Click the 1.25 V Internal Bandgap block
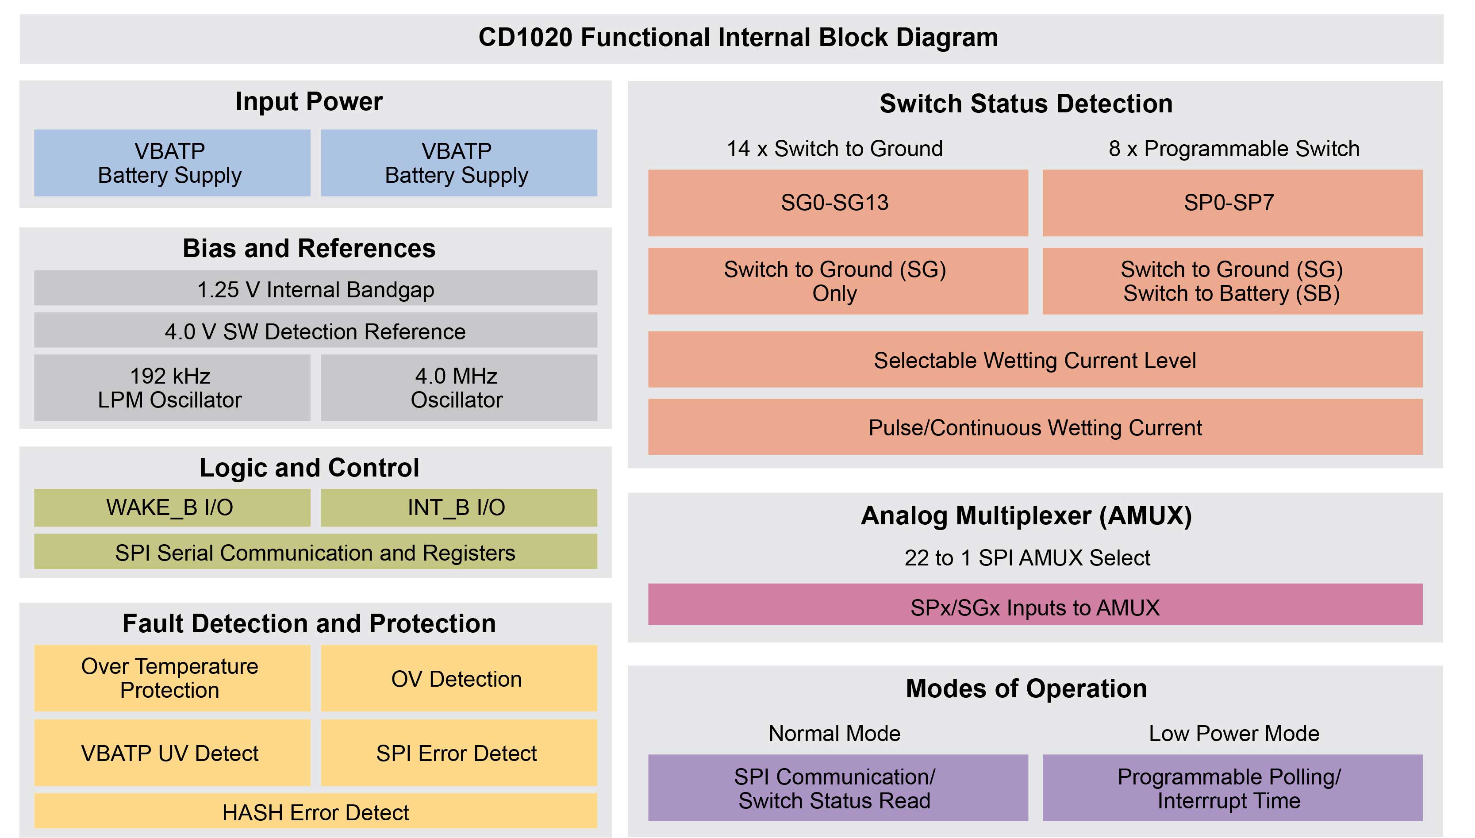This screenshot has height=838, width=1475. (315, 288)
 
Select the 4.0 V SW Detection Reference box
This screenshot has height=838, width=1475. (315, 331)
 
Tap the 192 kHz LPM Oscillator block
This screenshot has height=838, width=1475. (172, 387)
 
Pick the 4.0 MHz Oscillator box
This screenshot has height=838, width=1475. (459, 387)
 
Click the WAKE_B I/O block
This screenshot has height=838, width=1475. (172, 507)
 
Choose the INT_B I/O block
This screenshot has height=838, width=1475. (459, 507)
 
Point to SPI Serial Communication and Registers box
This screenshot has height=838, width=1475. (315, 552)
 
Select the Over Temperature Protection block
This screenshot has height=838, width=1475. (172, 678)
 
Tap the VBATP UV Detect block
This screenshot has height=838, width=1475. (172, 753)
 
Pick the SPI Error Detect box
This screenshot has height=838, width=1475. (459, 753)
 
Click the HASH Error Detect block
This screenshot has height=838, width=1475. (315, 811)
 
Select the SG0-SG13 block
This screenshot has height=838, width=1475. (837, 203)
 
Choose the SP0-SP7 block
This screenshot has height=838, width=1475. (1232, 203)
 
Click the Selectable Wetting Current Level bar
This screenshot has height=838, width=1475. (1035, 360)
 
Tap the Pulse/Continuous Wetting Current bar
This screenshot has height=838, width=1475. (1035, 427)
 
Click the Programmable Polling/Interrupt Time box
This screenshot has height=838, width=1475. (1232, 788)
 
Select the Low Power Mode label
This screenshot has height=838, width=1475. (1233, 733)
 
